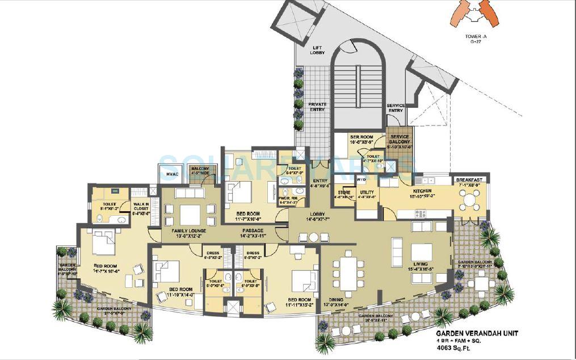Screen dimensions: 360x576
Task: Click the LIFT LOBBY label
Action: [317, 50]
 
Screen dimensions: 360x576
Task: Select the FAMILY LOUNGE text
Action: [180, 231]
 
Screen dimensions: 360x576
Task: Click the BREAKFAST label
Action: [469, 179]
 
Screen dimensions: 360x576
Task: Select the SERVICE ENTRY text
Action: [395, 108]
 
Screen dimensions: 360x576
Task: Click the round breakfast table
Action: [469, 200]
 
